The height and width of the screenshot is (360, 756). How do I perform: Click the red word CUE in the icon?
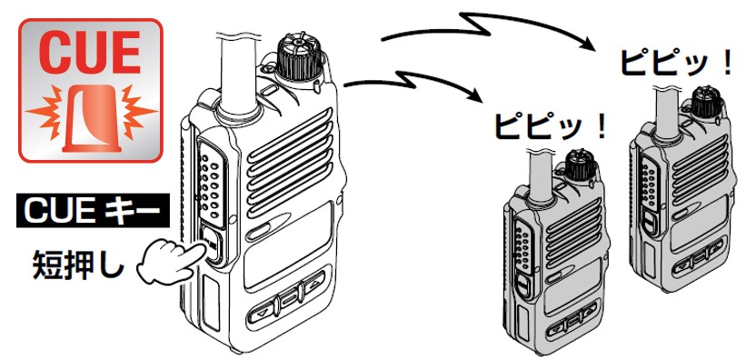90,52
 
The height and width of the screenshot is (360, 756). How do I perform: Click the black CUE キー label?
93,210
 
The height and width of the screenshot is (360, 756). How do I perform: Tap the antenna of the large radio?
237,74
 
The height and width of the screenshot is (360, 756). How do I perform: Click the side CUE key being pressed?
211,246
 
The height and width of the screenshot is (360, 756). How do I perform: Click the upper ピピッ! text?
676,63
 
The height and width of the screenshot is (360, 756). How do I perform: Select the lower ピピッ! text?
549,127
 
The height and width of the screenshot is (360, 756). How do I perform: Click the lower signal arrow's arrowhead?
476,95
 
